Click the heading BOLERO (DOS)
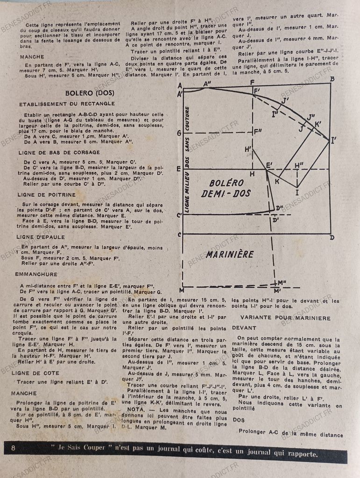coord(90,92)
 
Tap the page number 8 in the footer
coord(13,448)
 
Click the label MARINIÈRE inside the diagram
coord(230,255)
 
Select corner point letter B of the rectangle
coord(332,79)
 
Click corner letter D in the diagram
coord(332,238)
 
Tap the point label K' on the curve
coord(318,124)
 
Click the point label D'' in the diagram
coord(280,208)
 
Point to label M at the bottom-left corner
coord(182,290)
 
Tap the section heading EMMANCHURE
coord(36,274)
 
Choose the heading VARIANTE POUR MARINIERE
coord(285,318)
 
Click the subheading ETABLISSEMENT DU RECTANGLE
coord(67,104)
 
